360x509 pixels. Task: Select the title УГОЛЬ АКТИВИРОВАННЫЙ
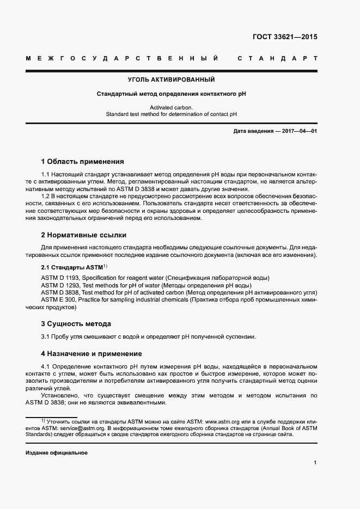coord(171,79)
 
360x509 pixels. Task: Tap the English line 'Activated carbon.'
coord(171,108)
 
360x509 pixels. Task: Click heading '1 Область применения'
coord(83,162)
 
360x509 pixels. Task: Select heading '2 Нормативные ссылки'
coord(84,235)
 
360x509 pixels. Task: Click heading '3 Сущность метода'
coord(76,323)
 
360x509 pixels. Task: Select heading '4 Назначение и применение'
coord(91,353)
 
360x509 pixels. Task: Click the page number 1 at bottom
coord(315,463)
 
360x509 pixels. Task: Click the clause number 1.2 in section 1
coord(47,195)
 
